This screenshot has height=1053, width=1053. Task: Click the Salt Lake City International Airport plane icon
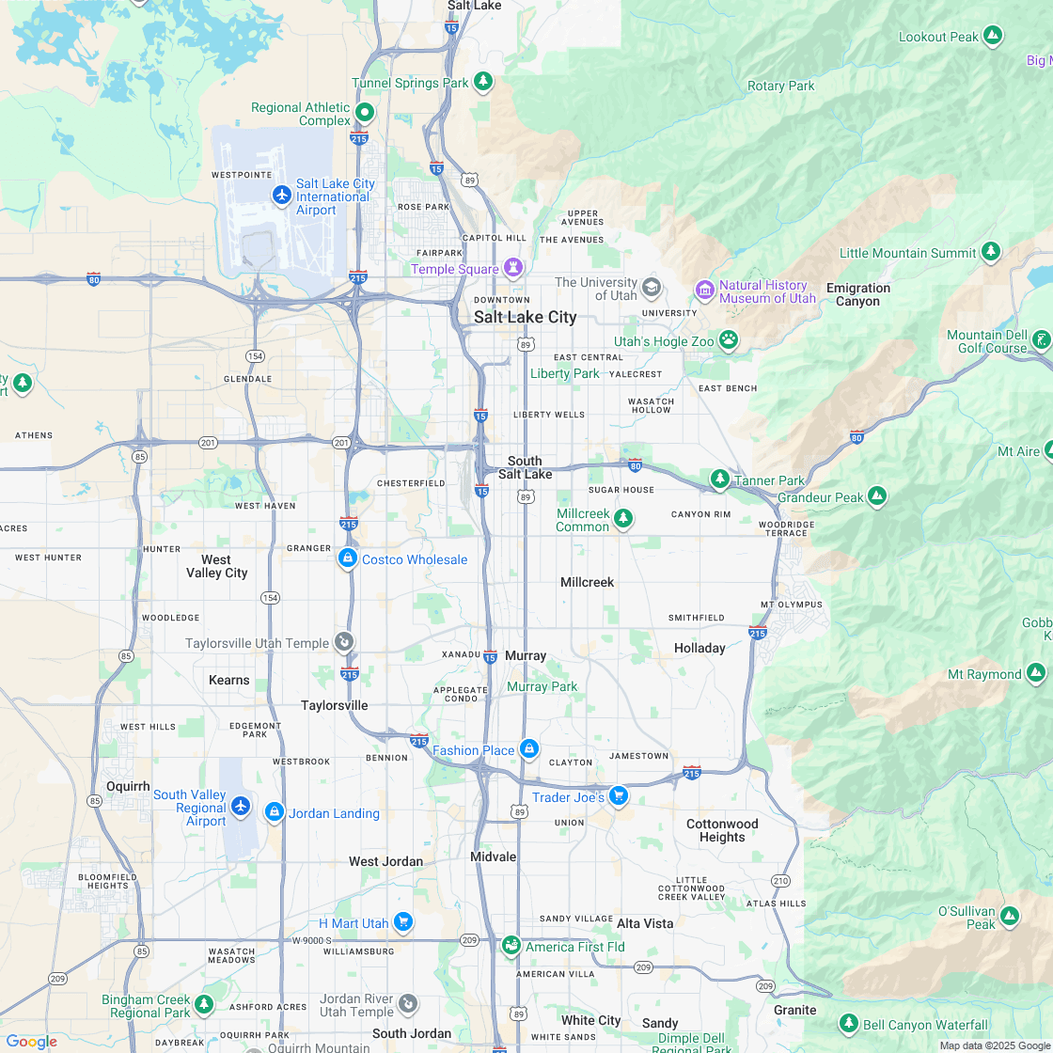(x=281, y=195)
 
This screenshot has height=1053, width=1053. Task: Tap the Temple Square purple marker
(x=513, y=269)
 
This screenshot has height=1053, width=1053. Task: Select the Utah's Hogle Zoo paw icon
(x=729, y=340)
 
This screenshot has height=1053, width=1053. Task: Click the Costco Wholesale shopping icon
(x=348, y=558)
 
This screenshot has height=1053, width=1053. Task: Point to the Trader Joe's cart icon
(x=618, y=796)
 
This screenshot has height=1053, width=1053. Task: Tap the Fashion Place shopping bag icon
(x=529, y=749)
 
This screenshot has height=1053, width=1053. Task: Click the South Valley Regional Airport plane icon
(x=241, y=807)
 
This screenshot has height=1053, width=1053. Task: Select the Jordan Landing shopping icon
(x=274, y=812)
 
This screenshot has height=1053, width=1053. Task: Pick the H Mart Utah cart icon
(x=403, y=922)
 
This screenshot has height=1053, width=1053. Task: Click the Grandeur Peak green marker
(x=877, y=495)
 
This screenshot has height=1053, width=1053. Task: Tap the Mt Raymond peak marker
(x=1035, y=673)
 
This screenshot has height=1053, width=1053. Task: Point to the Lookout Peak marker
(x=993, y=37)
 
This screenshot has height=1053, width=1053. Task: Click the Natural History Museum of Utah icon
(x=705, y=291)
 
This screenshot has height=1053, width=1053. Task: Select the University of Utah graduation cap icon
(x=651, y=287)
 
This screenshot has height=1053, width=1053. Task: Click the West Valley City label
(x=216, y=566)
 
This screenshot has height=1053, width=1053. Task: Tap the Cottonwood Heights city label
(x=722, y=830)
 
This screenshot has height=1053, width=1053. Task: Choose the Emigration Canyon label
(x=857, y=294)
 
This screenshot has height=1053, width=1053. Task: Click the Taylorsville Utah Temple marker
(x=344, y=642)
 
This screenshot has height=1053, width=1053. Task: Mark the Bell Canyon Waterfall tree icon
(x=849, y=1024)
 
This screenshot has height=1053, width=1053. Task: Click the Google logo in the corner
(x=31, y=1042)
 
